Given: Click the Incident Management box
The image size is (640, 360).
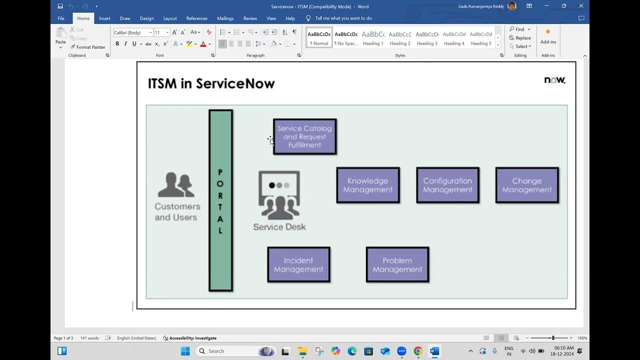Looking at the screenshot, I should (298, 264).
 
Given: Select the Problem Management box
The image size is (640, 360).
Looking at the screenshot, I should (397, 264).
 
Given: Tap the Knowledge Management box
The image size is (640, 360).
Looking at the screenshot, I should (368, 185).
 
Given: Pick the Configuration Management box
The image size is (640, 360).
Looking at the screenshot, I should (447, 185).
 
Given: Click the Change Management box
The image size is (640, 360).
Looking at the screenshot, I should (527, 185).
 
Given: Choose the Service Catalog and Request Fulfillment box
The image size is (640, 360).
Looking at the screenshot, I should (304, 136).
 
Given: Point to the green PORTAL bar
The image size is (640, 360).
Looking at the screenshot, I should (220, 200).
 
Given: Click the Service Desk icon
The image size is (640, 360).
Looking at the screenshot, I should (279, 195).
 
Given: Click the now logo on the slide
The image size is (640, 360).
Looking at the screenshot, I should (554, 80).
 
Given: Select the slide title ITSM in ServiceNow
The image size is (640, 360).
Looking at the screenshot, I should (211, 83).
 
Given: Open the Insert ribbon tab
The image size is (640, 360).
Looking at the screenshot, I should (104, 18).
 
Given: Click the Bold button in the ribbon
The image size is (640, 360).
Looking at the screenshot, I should (117, 44).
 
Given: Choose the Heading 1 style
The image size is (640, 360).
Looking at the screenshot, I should (373, 37).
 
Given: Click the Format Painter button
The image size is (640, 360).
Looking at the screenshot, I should (87, 47).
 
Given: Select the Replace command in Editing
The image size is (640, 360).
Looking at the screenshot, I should (520, 38).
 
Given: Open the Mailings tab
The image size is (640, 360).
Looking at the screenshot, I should (225, 18).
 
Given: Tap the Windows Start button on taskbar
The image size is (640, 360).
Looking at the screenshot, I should (185, 351).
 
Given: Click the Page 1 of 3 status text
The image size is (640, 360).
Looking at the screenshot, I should (63, 338).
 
